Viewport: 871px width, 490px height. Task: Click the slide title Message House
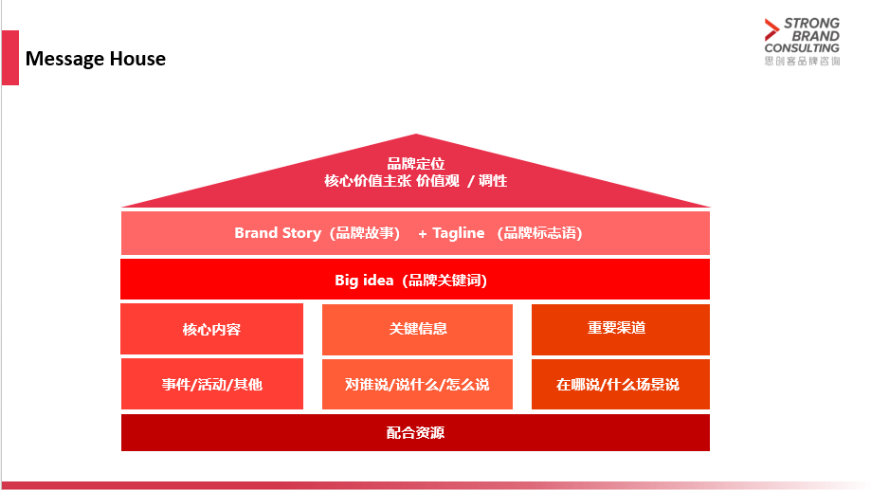tap(96, 59)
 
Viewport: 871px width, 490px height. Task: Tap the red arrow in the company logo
tap(771, 29)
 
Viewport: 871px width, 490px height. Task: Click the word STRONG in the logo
tap(811, 24)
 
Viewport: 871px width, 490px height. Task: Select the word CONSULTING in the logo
tap(802, 48)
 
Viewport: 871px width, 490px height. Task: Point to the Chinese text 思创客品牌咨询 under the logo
tap(802, 61)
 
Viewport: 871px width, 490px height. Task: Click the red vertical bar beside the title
tap(10, 58)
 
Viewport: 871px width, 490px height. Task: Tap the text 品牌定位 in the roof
tap(415, 164)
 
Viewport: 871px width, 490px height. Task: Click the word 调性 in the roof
tap(493, 181)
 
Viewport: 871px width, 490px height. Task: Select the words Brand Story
tap(278, 233)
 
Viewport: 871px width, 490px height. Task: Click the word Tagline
tap(459, 233)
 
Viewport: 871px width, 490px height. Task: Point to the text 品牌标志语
tap(539, 233)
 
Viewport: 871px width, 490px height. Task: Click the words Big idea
tap(364, 280)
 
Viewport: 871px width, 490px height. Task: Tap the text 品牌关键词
tap(445, 280)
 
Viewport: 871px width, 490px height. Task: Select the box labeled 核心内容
tap(211, 329)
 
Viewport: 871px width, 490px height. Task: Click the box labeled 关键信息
tap(417, 330)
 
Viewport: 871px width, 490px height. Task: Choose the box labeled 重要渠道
tap(621, 330)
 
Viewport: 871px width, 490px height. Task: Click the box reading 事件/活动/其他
tap(212, 384)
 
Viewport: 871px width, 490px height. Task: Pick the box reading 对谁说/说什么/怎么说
tap(417, 385)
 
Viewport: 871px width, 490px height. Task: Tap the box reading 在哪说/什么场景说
tap(621, 385)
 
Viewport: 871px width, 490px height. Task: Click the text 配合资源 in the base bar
tap(415, 433)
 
